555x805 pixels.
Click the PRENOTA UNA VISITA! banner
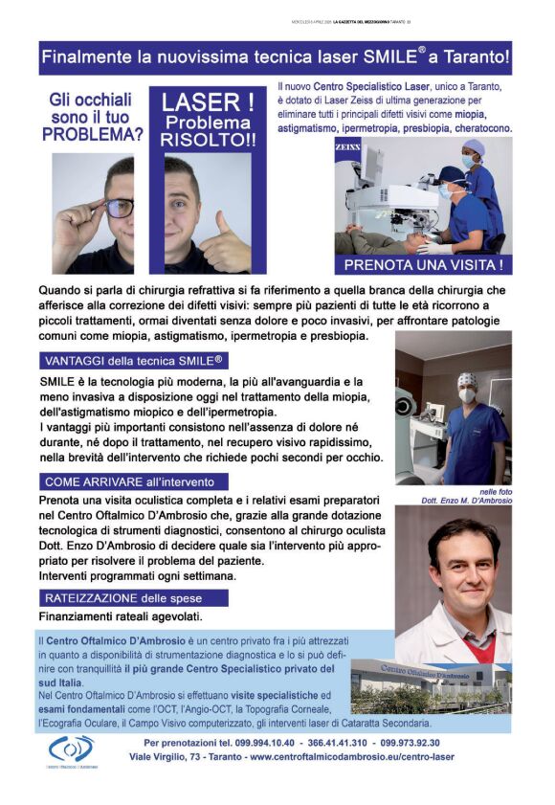click(x=423, y=263)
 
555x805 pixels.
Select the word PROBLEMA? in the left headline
click(x=93, y=135)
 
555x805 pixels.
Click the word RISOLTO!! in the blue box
click(x=207, y=140)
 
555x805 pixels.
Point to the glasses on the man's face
click(x=118, y=206)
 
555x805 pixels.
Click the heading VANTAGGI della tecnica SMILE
click(x=133, y=361)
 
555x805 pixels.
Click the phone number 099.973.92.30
click(x=410, y=743)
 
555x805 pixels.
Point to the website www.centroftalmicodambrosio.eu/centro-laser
click(x=352, y=757)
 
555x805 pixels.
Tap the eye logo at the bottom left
click(x=72, y=748)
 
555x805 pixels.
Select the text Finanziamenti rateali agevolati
click(x=121, y=617)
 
